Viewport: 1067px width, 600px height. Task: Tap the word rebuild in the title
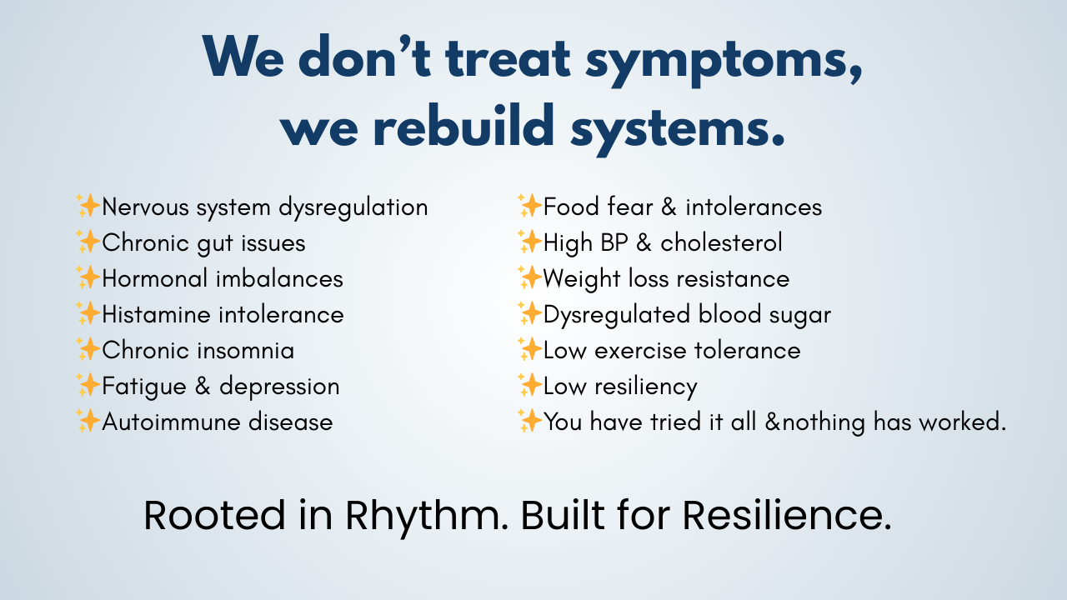(464, 124)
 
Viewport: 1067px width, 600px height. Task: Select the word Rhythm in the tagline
(427, 515)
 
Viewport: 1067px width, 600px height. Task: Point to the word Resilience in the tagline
(787, 515)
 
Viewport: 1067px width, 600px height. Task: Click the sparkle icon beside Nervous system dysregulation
(88, 206)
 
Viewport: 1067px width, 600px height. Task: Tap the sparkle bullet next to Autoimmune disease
(88, 421)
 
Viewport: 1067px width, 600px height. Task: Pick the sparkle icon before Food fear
(529, 206)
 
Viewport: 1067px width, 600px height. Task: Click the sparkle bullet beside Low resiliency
(529, 385)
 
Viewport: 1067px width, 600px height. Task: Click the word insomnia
(246, 351)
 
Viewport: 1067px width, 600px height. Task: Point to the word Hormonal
(155, 278)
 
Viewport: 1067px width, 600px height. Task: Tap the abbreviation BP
(614, 242)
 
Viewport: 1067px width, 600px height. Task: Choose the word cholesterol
(721, 242)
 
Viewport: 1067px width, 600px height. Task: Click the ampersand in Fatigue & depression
(203, 386)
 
